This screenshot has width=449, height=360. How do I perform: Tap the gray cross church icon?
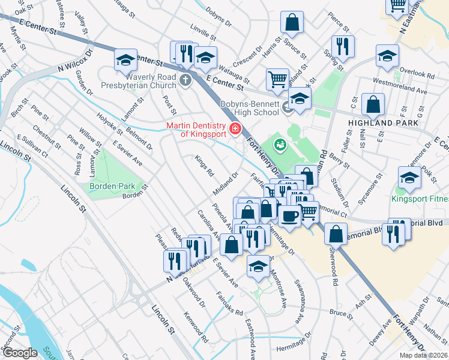186,79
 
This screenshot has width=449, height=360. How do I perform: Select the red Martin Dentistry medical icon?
234,128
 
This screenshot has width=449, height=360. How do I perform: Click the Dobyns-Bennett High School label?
250,108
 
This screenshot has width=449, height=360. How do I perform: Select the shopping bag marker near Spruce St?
292,23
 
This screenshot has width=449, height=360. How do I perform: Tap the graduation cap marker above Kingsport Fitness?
409,177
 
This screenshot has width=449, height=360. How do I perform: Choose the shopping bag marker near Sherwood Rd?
336,233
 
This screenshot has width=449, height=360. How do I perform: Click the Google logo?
19,353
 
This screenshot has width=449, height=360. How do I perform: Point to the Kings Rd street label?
205,166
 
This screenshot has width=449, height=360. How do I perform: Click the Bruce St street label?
340,313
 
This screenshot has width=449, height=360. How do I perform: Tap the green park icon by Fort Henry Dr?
279,144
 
